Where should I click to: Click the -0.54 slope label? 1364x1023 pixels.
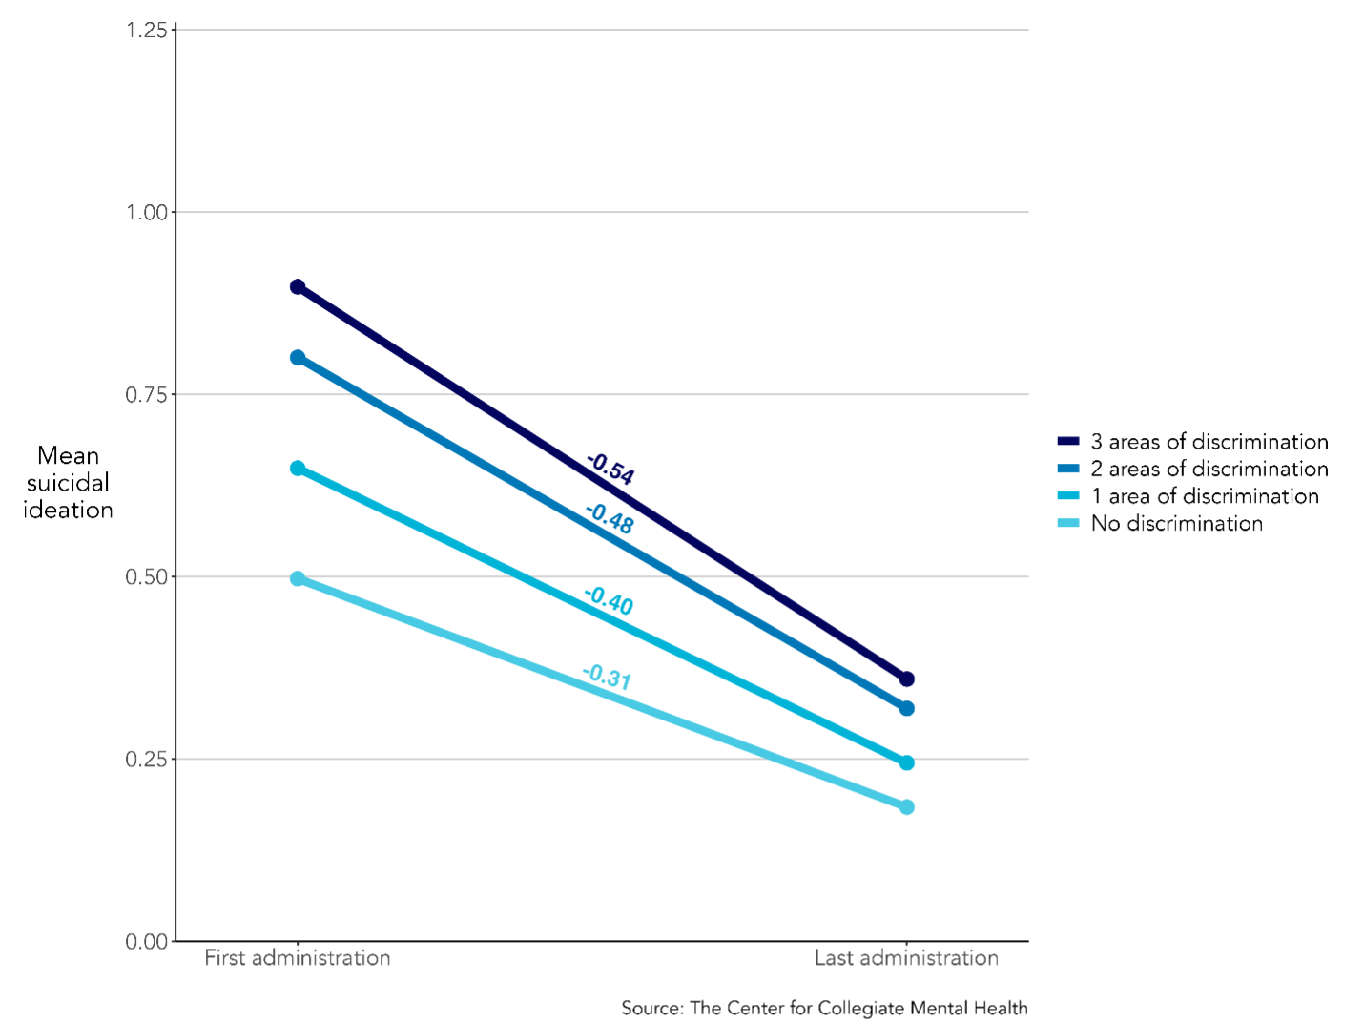pos(610,469)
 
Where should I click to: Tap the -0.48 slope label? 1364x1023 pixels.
pos(610,518)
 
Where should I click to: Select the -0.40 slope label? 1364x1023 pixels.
pos(609,600)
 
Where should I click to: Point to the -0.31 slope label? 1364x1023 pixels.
pos(607,677)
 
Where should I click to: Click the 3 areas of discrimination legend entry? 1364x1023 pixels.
pos(1192,441)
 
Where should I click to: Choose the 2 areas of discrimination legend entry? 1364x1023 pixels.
pos(1192,469)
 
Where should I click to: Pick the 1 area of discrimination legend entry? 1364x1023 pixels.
pos(1188,496)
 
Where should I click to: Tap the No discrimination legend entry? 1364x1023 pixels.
pos(1160,523)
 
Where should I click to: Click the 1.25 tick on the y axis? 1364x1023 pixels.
pos(147,30)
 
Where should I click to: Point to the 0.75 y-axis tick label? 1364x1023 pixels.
pos(147,395)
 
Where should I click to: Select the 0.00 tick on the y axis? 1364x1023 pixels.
pos(147,942)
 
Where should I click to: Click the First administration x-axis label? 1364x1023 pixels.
pos(298,958)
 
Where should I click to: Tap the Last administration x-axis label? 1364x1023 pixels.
pos(907,958)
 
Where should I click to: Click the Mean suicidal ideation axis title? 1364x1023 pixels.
pos(69,483)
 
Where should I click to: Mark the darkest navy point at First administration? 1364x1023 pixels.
pos(298,287)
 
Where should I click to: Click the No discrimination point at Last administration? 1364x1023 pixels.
pos(907,807)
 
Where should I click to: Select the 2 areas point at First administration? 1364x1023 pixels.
pos(298,358)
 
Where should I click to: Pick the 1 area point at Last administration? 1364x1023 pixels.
pos(907,762)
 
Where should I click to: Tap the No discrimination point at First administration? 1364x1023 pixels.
pos(298,579)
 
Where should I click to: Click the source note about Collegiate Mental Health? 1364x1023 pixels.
pos(825,1008)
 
